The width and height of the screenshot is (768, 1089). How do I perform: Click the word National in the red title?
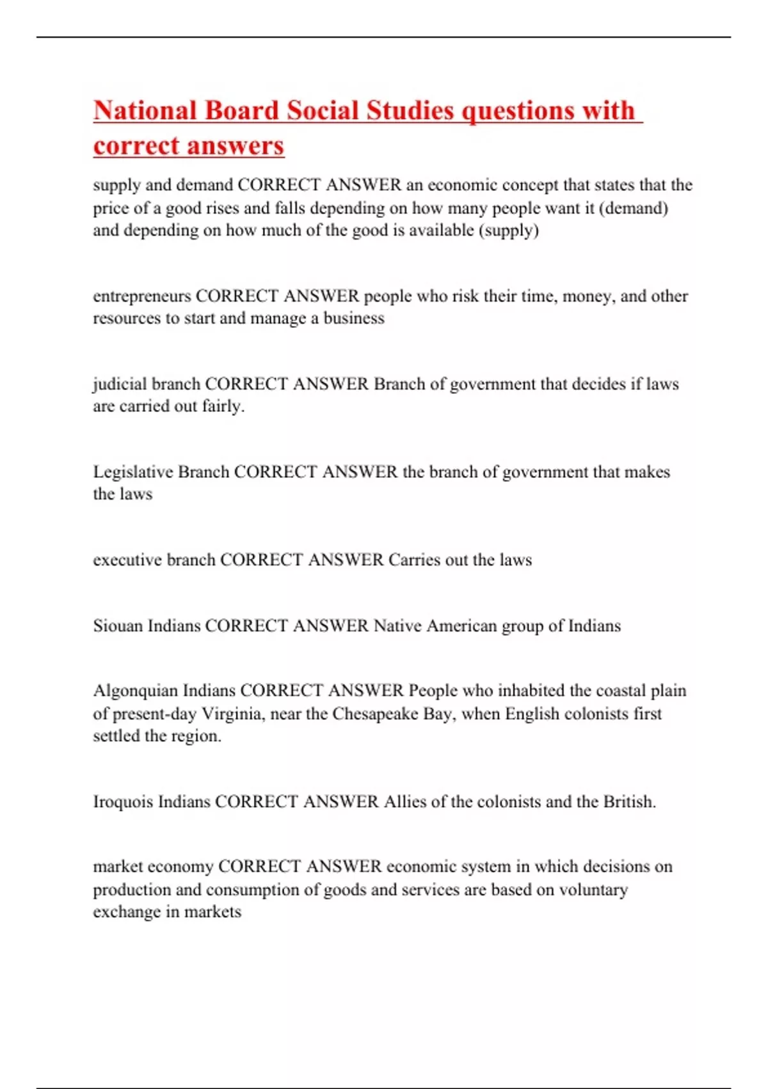(x=145, y=110)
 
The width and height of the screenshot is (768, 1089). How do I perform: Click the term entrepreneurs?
(x=142, y=296)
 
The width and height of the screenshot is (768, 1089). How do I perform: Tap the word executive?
(x=127, y=560)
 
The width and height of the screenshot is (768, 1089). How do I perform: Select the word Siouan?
(x=118, y=626)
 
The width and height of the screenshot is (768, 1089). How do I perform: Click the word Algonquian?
(x=135, y=691)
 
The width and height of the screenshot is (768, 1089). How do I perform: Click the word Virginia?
(x=232, y=714)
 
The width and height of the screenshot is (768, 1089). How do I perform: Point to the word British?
(x=630, y=802)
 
